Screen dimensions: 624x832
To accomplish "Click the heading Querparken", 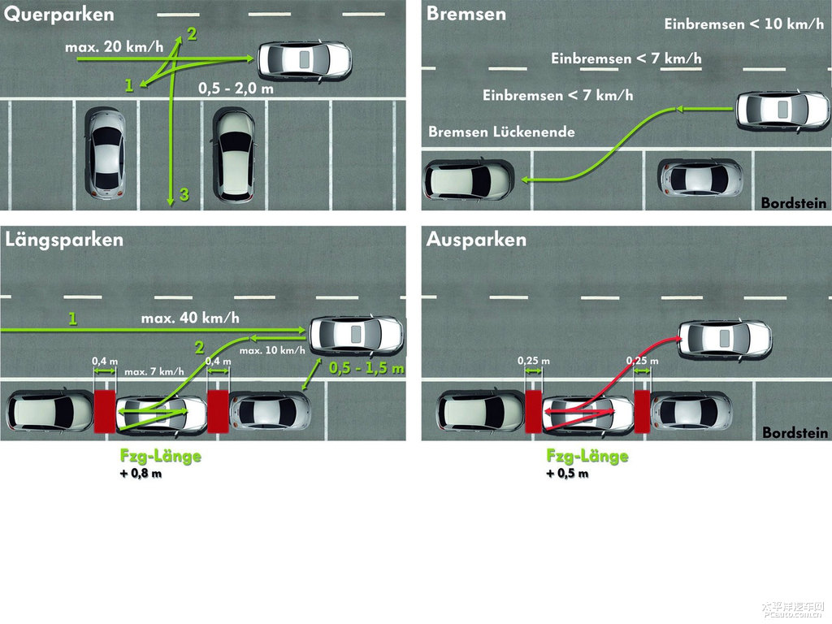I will point(59,15).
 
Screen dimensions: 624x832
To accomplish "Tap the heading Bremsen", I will point(466,14).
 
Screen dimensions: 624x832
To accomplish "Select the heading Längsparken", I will point(64,240).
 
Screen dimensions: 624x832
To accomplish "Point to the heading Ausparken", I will point(476,240).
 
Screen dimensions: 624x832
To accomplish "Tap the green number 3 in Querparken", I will point(184,194).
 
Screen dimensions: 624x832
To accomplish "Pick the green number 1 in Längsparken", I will point(72,319).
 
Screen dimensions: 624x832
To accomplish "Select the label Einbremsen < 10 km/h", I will point(743,24).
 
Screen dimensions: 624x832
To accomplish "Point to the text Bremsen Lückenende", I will point(501,132).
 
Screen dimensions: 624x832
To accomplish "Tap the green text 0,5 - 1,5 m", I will point(366,368).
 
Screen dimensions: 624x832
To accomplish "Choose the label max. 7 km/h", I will point(155,372).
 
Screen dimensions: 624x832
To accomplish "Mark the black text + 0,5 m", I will point(567,474).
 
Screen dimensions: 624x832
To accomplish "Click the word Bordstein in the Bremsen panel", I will point(794,203).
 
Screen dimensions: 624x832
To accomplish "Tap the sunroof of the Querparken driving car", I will point(305,58).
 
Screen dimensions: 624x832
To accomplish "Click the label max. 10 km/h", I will point(272,350).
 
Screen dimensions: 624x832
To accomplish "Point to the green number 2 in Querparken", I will point(192,33).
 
